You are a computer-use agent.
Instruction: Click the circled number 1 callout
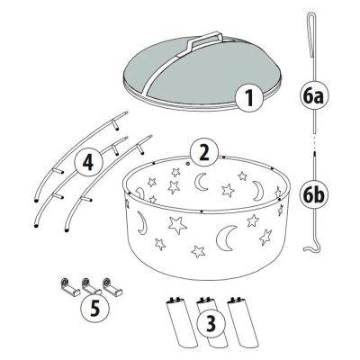click(x=249, y=98)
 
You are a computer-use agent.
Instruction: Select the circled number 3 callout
click(x=211, y=323)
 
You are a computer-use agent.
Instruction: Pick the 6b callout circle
click(x=314, y=195)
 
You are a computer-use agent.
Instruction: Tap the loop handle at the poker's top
click(x=310, y=36)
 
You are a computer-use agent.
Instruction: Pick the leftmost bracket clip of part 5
click(x=69, y=287)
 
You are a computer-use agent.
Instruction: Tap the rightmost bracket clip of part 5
click(x=112, y=287)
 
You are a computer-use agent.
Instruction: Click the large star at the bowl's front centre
click(x=178, y=225)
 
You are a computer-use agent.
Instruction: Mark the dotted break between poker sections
click(x=314, y=143)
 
